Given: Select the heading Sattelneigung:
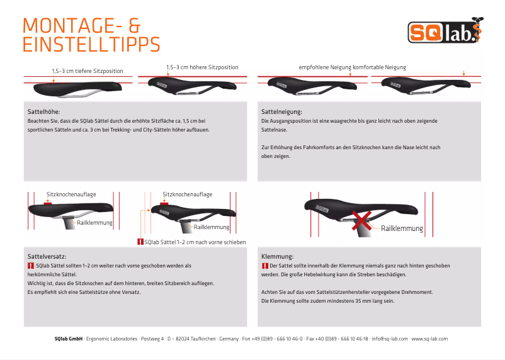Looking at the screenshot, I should [281, 111].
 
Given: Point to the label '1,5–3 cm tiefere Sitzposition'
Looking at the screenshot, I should [88, 71].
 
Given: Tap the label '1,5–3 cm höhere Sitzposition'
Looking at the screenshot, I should [202, 67].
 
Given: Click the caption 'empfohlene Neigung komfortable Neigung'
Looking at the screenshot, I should [352, 67].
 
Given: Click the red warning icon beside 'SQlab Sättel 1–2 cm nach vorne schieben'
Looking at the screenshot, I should [140, 242].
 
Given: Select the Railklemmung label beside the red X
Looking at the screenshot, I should [402, 228].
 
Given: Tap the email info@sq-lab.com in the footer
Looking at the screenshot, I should [389, 339].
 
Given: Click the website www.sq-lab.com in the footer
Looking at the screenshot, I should [429, 339].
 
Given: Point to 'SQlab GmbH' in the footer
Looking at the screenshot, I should [69, 339].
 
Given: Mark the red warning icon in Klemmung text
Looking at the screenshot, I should [264, 266].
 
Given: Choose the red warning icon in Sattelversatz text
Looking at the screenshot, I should [31, 266].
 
